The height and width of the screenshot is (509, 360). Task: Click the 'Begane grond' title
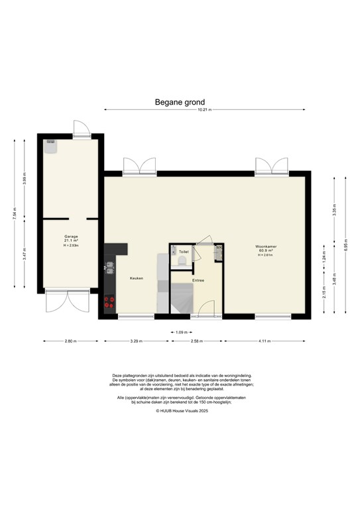tap(180, 102)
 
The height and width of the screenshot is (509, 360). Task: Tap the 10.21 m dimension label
tap(205, 110)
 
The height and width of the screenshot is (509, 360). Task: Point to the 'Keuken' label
tap(136, 278)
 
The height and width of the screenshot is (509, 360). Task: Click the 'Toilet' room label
tap(184, 252)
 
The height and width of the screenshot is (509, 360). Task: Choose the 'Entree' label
tap(198, 280)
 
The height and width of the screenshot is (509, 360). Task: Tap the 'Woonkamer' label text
tap(266, 247)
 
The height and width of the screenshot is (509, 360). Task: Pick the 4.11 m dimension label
tap(265, 341)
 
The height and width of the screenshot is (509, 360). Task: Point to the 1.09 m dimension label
tap(180, 331)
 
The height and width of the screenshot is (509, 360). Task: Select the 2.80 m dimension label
tap(71, 341)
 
